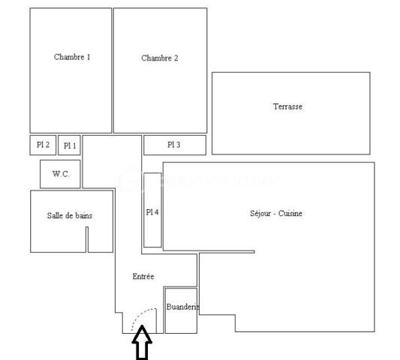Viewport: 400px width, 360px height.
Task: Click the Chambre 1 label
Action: (x=72, y=57)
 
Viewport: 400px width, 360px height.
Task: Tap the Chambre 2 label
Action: (x=159, y=58)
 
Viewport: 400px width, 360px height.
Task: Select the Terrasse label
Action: (x=287, y=106)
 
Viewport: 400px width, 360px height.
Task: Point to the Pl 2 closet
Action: (x=44, y=145)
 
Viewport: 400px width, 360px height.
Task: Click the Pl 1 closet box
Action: (x=69, y=145)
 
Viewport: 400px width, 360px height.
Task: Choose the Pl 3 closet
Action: (x=174, y=144)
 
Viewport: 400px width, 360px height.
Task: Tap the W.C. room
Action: (x=61, y=174)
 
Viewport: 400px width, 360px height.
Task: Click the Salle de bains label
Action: (x=70, y=216)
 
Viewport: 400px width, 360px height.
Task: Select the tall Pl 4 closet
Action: (x=152, y=211)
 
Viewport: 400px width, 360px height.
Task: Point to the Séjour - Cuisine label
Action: (x=276, y=214)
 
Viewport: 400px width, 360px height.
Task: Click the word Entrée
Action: (x=143, y=277)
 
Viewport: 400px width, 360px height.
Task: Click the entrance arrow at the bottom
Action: (x=143, y=346)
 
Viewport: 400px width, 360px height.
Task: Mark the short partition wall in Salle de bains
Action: (x=87, y=239)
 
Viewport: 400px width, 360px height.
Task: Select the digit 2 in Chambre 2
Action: (x=176, y=58)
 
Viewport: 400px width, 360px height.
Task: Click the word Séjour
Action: (x=260, y=214)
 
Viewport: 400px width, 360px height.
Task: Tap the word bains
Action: (x=83, y=216)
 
